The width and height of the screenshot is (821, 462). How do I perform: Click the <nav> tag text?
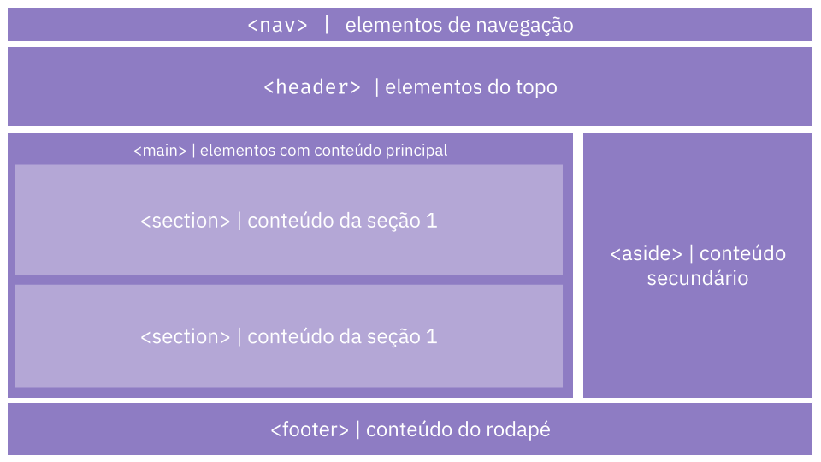[x=277, y=25]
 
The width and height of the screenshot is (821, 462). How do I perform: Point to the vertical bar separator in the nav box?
[x=327, y=25]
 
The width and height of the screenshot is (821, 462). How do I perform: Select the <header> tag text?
[x=312, y=87]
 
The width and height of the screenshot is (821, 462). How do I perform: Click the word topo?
[x=536, y=88]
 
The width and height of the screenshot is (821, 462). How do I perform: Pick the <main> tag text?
[x=160, y=151]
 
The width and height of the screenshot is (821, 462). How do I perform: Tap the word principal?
[x=416, y=151]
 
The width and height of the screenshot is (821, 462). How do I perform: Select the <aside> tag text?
[x=647, y=254]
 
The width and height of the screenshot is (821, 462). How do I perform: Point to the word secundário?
[x=698, y=278]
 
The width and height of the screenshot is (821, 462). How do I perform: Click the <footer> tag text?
[x=310, y=430]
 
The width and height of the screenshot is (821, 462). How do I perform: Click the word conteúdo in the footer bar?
[x=409, y=430]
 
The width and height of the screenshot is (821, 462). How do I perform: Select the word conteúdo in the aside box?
[x=742, y=254]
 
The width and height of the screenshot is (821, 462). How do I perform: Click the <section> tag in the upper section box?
[x=186, y=221]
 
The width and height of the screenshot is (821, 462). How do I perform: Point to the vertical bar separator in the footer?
[x=357, y=429]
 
